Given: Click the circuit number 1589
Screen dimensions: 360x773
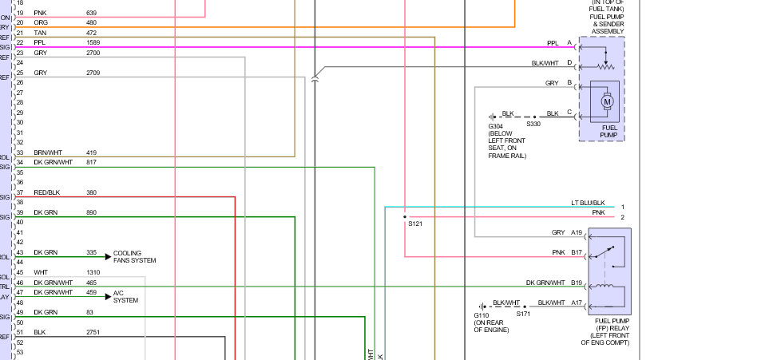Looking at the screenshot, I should coord(93,42).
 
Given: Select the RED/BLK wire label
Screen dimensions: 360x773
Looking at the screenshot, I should coord(47,192).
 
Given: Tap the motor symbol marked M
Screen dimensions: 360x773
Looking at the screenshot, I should coord(606,101).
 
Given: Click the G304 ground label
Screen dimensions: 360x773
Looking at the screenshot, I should coord(497,125).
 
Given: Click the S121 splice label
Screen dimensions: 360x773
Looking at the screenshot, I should coord(414,224).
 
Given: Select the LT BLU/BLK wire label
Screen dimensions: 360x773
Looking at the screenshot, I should coord(588,203).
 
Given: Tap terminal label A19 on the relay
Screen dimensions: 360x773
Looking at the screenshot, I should coord(577,232).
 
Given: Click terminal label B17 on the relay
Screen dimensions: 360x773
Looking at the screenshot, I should coord(577,252).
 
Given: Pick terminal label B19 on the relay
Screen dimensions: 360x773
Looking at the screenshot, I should coord(577,282).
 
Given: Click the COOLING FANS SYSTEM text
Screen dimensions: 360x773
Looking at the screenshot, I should coord(135,256).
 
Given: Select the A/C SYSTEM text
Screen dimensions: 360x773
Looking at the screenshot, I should coord(126,296).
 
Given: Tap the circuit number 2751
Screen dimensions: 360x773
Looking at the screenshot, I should coord(93,332).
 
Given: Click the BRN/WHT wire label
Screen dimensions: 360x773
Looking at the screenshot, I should coord(47,152).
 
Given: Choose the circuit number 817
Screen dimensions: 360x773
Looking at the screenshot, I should coord(91,162).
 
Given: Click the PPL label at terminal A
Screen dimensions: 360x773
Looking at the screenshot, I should coord(553,42).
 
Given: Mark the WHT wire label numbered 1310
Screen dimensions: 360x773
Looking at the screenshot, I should coord(41,272).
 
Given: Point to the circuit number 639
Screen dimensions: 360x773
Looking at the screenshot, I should coord(91,13).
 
